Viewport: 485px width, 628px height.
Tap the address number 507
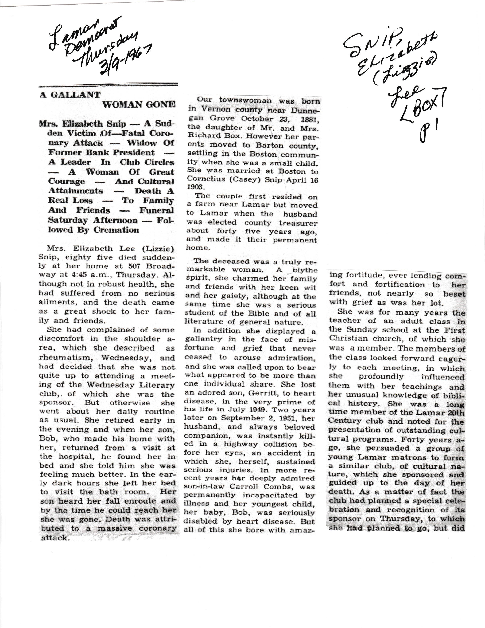(138, 266)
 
